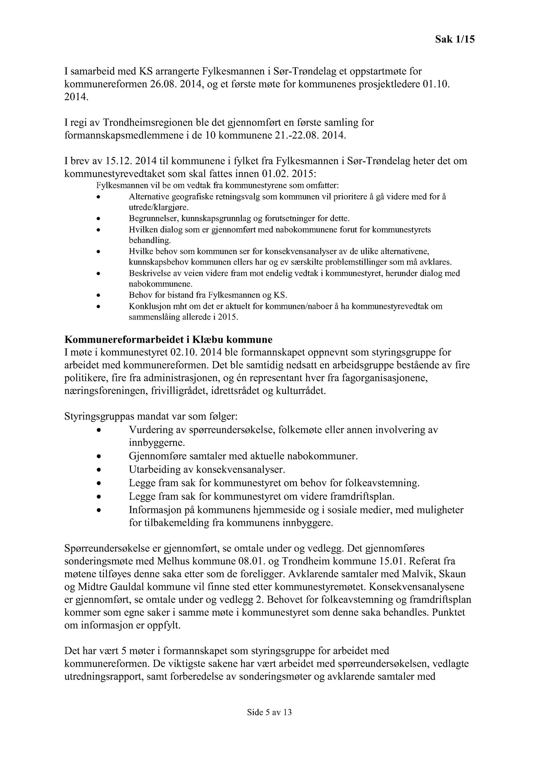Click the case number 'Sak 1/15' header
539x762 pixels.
[x=455, y=39]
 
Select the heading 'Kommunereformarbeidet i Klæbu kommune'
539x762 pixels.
[x=168, y=340]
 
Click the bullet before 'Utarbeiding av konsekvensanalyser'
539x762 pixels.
[x=98, y=470]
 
